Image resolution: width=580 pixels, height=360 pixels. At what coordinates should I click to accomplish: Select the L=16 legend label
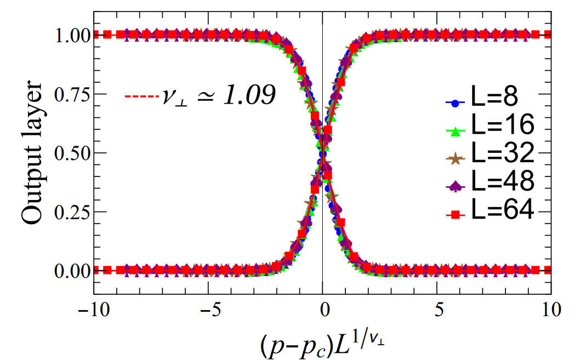[502, 127]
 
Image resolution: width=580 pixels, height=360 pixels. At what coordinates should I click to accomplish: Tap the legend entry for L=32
[502, 155]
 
